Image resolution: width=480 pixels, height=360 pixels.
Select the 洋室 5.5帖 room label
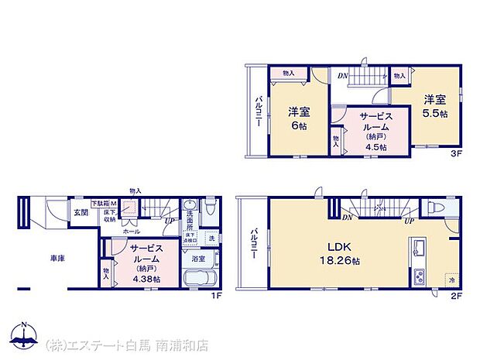click(x=434, y=105)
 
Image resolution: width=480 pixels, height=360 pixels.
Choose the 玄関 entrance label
click(x=81, y=211)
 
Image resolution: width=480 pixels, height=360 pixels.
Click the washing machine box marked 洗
click(x=211, y=238)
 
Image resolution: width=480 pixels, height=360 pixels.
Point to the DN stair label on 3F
click(x=341, y=75)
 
